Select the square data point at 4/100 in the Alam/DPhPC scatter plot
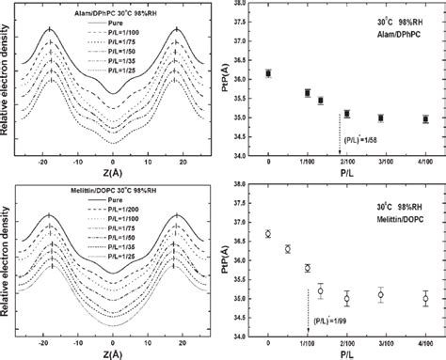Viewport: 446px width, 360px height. [425, 119]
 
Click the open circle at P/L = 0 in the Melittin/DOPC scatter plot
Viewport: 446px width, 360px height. [269, 234]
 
